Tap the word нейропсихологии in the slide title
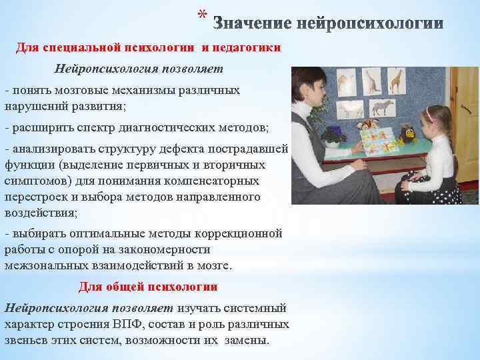pos(369,25)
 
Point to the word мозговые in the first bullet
pos(72,90)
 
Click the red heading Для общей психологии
pos(148,287)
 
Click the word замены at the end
pos(245,339)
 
